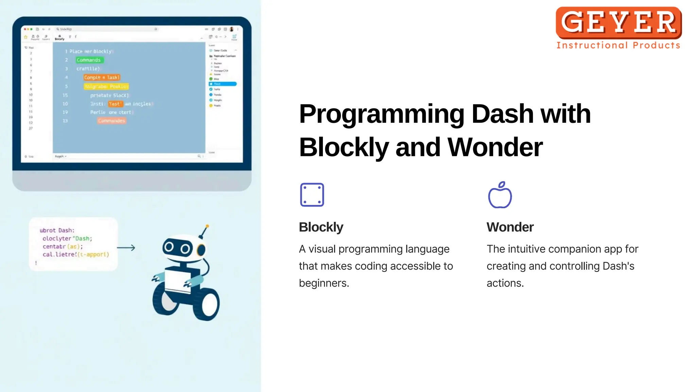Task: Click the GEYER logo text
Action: (x=619, y=22)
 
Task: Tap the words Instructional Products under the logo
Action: (x=618, y=45)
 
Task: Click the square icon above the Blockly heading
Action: (x=312, y=195)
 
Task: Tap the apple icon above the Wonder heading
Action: (x=500, y=195)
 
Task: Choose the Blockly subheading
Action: (x=321, y=227)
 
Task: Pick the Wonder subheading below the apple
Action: (x=510, y=227)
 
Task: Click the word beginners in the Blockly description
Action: (x=324, y=283)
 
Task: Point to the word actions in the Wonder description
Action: (x=505, y=283)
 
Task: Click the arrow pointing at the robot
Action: (x=126, y=248)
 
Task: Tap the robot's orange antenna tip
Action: (x=207, y=226)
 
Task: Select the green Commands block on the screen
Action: (x=89, y=60)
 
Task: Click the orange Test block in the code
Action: (x=115, y=104)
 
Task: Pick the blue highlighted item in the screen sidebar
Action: (x=223, y=84)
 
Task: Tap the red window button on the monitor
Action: (x=25, y=29)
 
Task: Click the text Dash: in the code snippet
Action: (x=66, y=230)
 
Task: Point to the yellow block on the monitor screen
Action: (x=106, y=86)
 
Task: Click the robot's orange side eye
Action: (x=202, y=249)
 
